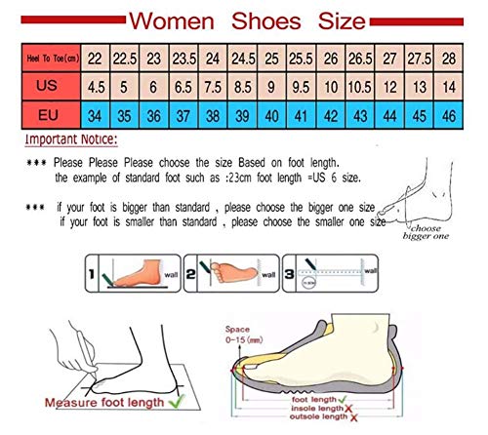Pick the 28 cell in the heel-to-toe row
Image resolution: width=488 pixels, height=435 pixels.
[449, 60]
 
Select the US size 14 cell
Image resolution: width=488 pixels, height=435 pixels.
[449, 86]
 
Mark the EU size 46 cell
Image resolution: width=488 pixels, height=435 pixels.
[449, 115]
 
